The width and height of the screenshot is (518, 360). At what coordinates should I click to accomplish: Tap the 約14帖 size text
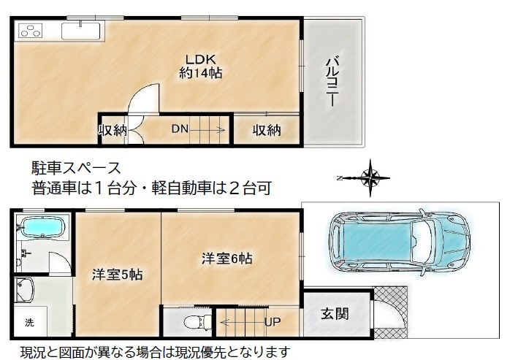pyautogui.click(x=200, y=73)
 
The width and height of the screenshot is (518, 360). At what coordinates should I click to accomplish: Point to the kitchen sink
pyautogui.click(x=82, y=31)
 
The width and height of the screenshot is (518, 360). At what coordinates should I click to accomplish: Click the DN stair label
pyautogui.click(x=180, y=130)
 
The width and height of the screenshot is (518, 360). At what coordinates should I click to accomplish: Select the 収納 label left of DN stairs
pyautogui.click(x=113, y=131)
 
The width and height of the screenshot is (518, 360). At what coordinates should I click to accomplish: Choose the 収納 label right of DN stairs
pyautogui.click(x=267, y=131)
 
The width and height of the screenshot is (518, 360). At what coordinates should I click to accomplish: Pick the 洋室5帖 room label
pyautogui.click(x=116, y=275)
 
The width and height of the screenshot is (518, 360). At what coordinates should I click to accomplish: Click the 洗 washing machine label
pyautogui.click(x=30, y=322)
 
